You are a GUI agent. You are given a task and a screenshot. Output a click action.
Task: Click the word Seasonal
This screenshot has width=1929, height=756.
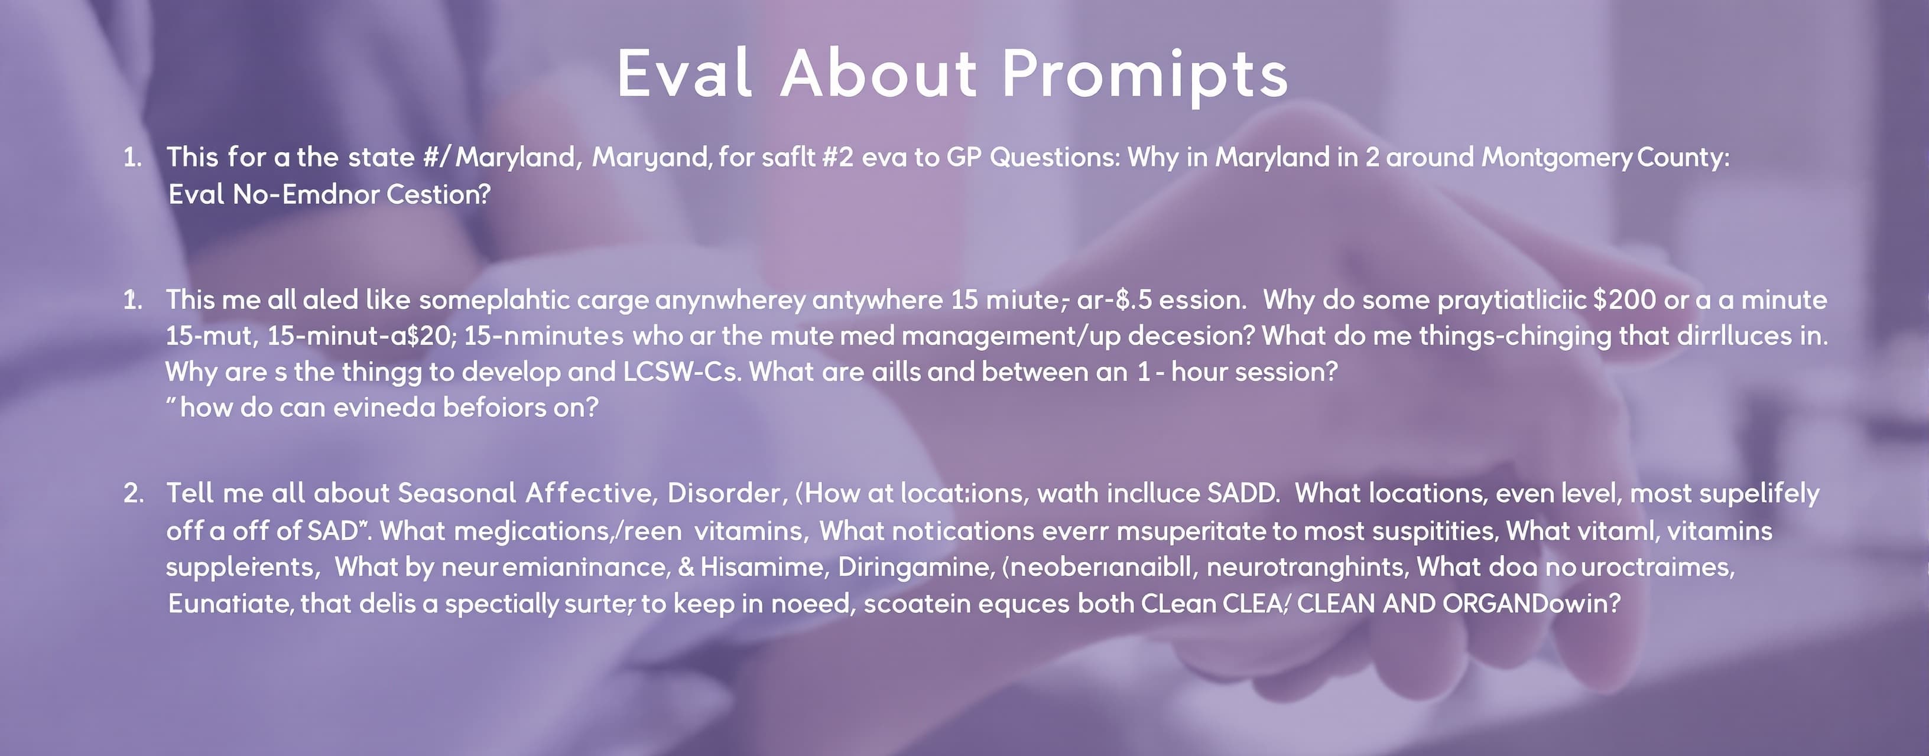coord(457,493)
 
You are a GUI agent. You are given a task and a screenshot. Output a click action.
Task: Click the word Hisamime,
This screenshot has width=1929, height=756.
coord(764,566)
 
